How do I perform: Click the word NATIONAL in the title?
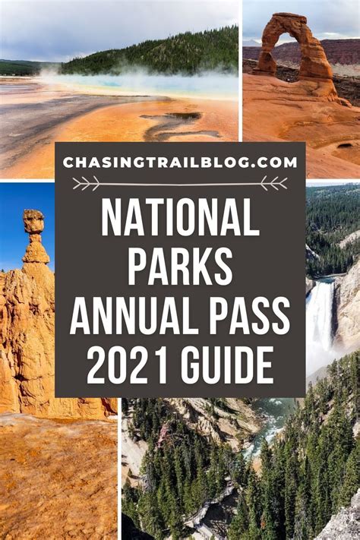180,217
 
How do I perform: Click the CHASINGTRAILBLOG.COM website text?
180,163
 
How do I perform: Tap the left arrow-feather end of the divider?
85,183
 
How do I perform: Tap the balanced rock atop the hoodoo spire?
33,221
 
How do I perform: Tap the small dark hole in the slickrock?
345,146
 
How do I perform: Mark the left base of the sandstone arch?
264,69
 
